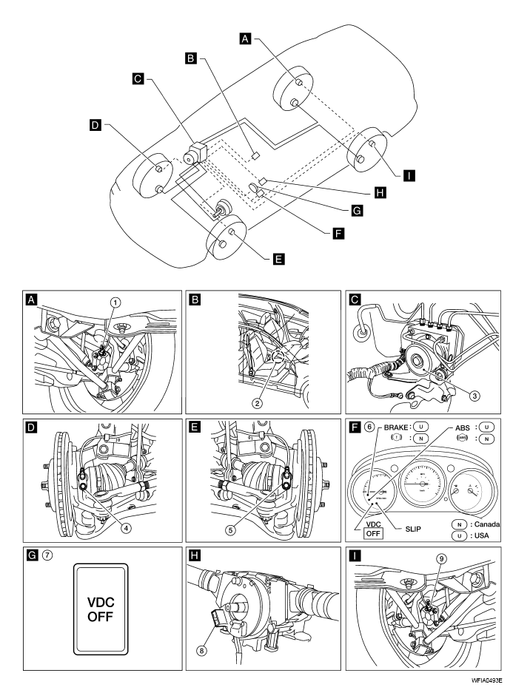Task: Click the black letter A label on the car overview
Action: pyautogui.click(x=245, y=38)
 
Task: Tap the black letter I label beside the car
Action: pyautogui.click(x=409, y=175)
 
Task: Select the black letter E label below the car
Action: pyautogui.click(x=279, y=259)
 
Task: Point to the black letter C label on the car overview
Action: pyautogui.click(x=138, y=78)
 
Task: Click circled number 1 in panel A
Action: pyautogui.click(x=115, y=302)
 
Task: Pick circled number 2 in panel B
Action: pyautogui.click(x=257, y=403)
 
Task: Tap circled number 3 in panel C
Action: pyautogui.click(x=475, y=396)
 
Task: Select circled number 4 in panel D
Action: pyautogui.click(x=127, y=527)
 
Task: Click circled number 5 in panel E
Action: pyautogui.click(x=231, y=530)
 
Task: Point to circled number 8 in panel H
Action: pyautogui.click(x=202, y=649)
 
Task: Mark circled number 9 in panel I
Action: pyautogui.click(x=441, y=559)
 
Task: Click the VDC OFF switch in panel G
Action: pyautogui.click(x=101, y=609)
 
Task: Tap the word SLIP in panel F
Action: pyautogui.click(x=413, y=529)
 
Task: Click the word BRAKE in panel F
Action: pyautogui.click(x=396, y=427)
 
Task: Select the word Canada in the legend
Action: pyautogui.click(x=487, y=524)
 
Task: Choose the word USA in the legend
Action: pyautogui.click(x=482, y=535)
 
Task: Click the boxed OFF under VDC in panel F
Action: pyautogui.click(x=373, y=533)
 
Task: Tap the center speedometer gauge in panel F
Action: pyautogui.click(x=423, y=483)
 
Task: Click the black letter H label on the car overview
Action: pyautogui.click(x=380, y=192)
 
